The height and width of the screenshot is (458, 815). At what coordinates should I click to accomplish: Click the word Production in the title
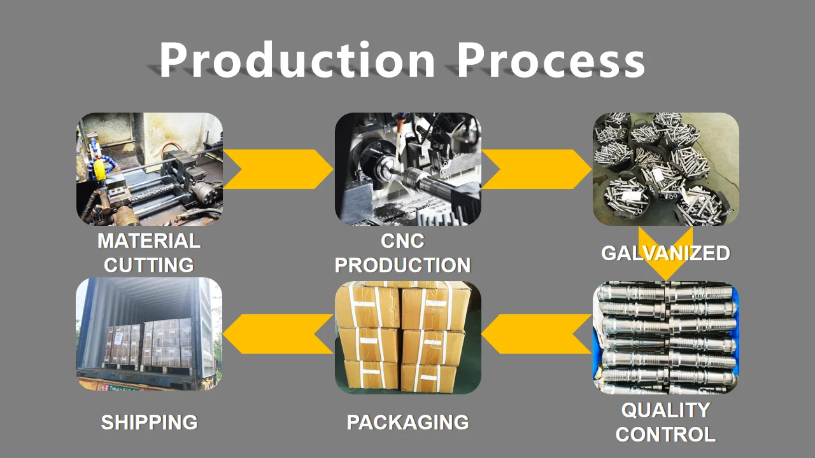pos(297,60)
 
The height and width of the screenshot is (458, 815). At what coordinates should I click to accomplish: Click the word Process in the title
pos(551,60)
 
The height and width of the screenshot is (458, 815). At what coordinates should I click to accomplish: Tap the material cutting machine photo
pos(149,169)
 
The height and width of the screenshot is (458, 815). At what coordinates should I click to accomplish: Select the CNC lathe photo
pos(407,169)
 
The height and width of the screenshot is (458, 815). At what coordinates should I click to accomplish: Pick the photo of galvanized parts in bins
pos(665,169)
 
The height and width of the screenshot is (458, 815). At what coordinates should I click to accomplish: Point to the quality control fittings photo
pos(665,337)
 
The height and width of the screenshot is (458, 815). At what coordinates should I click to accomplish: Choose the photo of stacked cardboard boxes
pos(407,337)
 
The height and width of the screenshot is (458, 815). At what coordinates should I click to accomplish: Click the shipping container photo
pos(149,334)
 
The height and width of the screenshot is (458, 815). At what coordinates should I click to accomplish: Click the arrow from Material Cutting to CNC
pos(278,169)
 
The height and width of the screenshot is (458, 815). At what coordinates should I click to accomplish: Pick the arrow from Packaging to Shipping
pos(278,334)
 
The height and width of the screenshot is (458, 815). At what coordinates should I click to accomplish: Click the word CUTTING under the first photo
pos(149,265)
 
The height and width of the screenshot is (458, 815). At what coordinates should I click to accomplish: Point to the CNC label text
pos(402,241)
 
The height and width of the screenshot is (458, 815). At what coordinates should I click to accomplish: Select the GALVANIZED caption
pos(665,253)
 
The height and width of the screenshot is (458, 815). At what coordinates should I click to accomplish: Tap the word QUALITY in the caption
pos(665,410)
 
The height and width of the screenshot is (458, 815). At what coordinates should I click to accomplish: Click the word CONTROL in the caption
pos(665,435)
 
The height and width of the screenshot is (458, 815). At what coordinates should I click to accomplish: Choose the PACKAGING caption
pos(407,422)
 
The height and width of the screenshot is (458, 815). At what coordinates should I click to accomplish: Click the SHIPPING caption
pos(149,422)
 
